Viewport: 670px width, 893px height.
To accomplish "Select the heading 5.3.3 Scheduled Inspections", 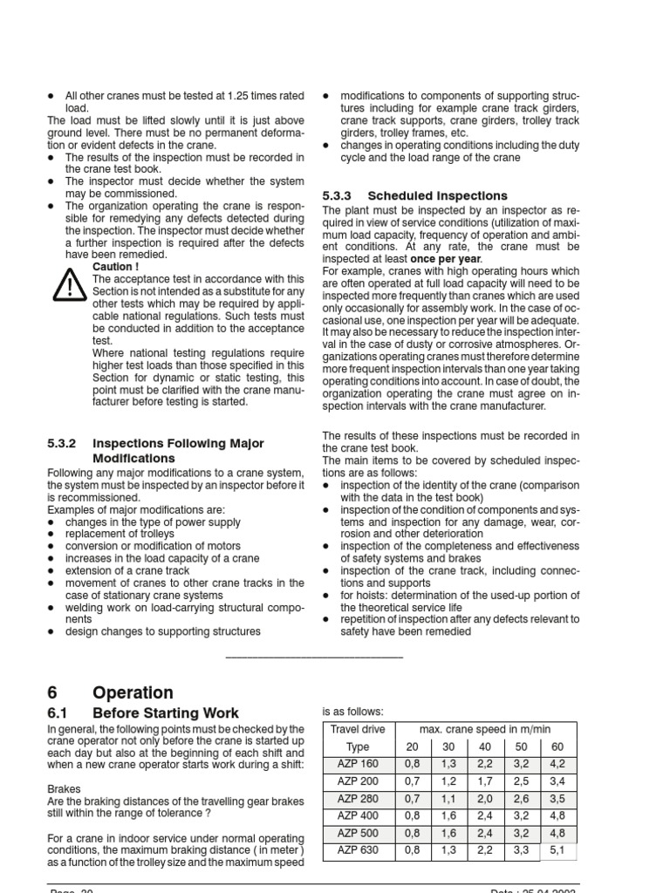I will click(414, 195).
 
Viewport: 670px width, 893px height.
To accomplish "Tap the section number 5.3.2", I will click(64, 444).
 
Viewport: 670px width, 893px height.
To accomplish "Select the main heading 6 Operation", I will click(110, 692).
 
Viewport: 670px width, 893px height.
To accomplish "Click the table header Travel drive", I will click(358, 729).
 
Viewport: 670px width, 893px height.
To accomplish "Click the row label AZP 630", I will click(358, 850).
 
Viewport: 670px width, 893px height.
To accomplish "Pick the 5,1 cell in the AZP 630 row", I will click(557, 850).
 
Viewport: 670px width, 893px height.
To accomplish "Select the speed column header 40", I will click(485, 747).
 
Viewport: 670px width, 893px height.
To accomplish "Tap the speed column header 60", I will click(557, 747).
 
